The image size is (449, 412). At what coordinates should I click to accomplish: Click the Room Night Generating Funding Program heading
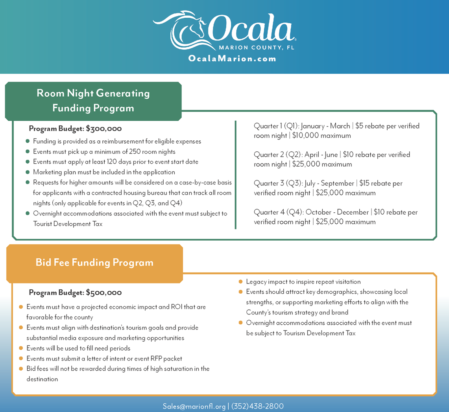point(93,100)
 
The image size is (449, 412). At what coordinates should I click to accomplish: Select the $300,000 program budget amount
point(104,129)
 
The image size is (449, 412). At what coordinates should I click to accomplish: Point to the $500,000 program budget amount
point(104,293)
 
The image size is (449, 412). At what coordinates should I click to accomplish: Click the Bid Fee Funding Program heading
point(94,262)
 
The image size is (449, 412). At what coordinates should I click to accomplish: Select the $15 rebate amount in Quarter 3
point(364,184)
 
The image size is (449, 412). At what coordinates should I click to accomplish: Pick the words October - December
point(336,212)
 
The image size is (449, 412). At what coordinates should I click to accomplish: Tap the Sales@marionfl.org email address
point(194,406)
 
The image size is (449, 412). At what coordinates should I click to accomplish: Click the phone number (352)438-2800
point(257,406)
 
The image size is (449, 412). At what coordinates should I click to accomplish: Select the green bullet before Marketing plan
point(28,172)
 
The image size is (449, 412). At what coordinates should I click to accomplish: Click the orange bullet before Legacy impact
point(240,282)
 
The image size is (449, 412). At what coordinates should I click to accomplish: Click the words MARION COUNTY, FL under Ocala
point(256,48)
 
